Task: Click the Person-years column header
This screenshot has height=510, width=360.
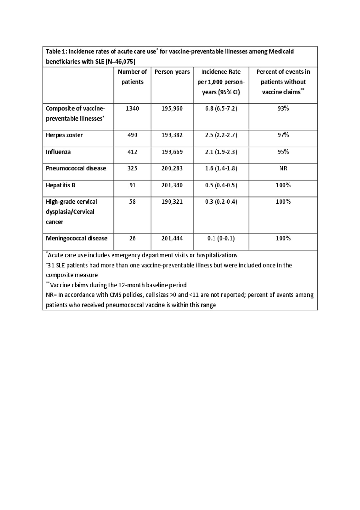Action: tap(172, 72)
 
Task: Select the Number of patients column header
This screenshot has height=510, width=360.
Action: tap(132, 77)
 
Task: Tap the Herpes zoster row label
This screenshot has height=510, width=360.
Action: tap(64, 135)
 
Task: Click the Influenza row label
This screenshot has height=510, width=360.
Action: tap(58, 152)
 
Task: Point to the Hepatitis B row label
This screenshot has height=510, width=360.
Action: tap(60, 185)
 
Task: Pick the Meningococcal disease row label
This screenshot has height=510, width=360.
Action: tap(76, 238)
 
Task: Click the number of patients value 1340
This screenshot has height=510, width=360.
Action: tap(132, 108)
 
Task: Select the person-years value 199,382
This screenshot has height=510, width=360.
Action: tap(172, 135)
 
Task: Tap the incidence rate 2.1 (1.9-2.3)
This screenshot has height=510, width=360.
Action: tap(221, 152)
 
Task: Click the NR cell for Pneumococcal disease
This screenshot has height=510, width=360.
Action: tap(283, 168)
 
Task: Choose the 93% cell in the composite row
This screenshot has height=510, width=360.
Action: tap(283, 108)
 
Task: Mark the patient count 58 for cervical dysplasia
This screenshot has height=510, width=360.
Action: tap(132, 201)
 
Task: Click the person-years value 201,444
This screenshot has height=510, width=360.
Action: tap(172, 238)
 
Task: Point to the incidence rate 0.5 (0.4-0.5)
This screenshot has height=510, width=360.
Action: tap(221, 185)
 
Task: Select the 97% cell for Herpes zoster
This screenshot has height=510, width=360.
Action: tap(283, 135)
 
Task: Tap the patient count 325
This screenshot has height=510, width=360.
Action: tap(132, 168)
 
